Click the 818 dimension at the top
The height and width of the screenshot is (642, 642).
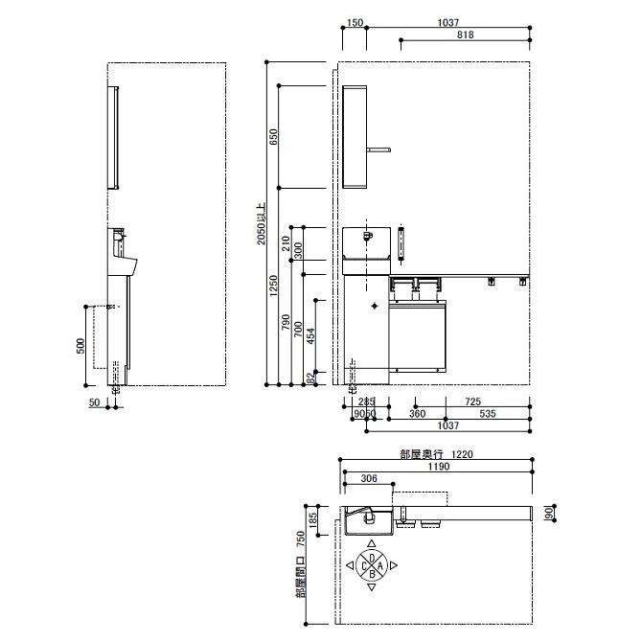pyautogui.click(x=465, y=34)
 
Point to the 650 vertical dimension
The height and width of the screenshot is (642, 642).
pyautogui.click(x=274, y=136)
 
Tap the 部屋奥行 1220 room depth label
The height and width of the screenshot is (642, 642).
pyautogui.click(x=437, y=456)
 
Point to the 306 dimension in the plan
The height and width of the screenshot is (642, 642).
pyautogui.click(x=367, y=478)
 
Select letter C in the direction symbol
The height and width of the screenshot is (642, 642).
pyautogui.click(x=361, y=565)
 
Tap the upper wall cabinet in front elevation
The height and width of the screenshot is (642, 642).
pyautogui.click(x=356, y=136)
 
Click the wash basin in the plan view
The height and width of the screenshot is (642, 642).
pyautogui.click(x=361, y=521)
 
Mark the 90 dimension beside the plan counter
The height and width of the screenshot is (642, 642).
pyautogui.click(x=548, y=514)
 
